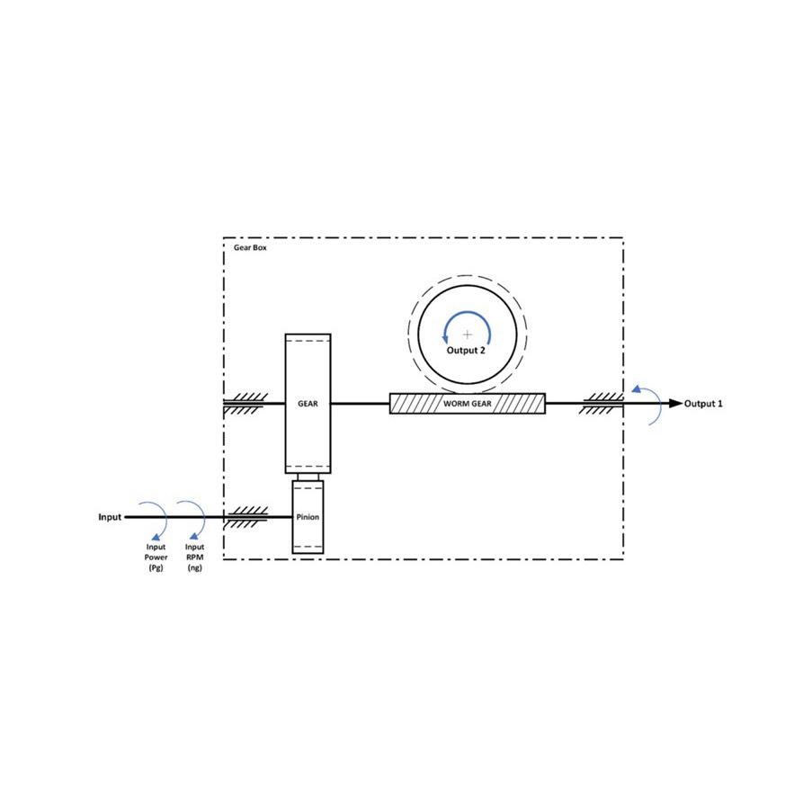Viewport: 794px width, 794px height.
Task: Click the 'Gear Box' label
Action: click(250, 247)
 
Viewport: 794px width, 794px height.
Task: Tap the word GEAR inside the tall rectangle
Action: click(308, 404)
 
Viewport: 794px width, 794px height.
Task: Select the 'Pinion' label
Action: click(308, 517)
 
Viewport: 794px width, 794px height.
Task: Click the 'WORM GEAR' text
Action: click(468, 404)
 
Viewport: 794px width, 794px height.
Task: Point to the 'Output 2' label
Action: click(466, 351)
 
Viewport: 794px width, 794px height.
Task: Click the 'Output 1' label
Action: click(703, 404)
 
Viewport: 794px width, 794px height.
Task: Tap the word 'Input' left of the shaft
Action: click(110, 517)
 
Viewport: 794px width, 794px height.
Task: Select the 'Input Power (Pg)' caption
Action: click(156, 557)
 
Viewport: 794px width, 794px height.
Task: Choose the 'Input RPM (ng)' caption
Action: click(195, 557)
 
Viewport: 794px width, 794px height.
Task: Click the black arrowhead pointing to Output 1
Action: click(676, 404)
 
